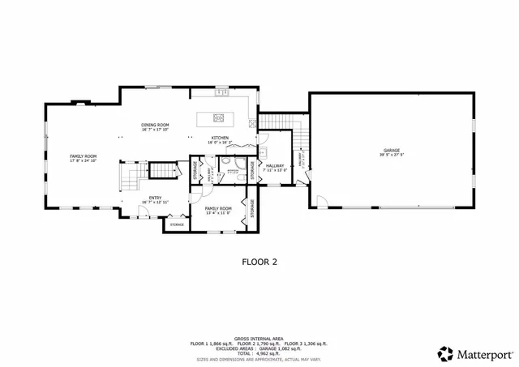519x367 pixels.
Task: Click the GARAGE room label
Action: pos(392,151)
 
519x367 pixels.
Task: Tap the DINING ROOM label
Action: pos(155,125)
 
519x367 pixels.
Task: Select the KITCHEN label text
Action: pos(220,138)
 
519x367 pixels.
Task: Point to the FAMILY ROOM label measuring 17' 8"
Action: pos(83,156)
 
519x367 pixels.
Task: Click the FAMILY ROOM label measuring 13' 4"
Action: pos(217,208)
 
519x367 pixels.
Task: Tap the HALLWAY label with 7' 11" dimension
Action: pos(275,165)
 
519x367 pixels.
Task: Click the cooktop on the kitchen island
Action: pos(218,117)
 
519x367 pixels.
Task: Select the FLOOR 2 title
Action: pos(259,262)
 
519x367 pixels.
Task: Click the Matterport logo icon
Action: pos(445,353)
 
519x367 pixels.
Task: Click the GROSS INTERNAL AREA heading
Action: pos(259,339)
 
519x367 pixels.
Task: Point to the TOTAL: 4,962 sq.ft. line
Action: pos(259,353)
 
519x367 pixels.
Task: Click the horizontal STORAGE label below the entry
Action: pos(177,224)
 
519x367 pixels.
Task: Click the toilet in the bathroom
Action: pos(230,171)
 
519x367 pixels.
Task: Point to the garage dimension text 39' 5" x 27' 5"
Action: pos(392,156)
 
